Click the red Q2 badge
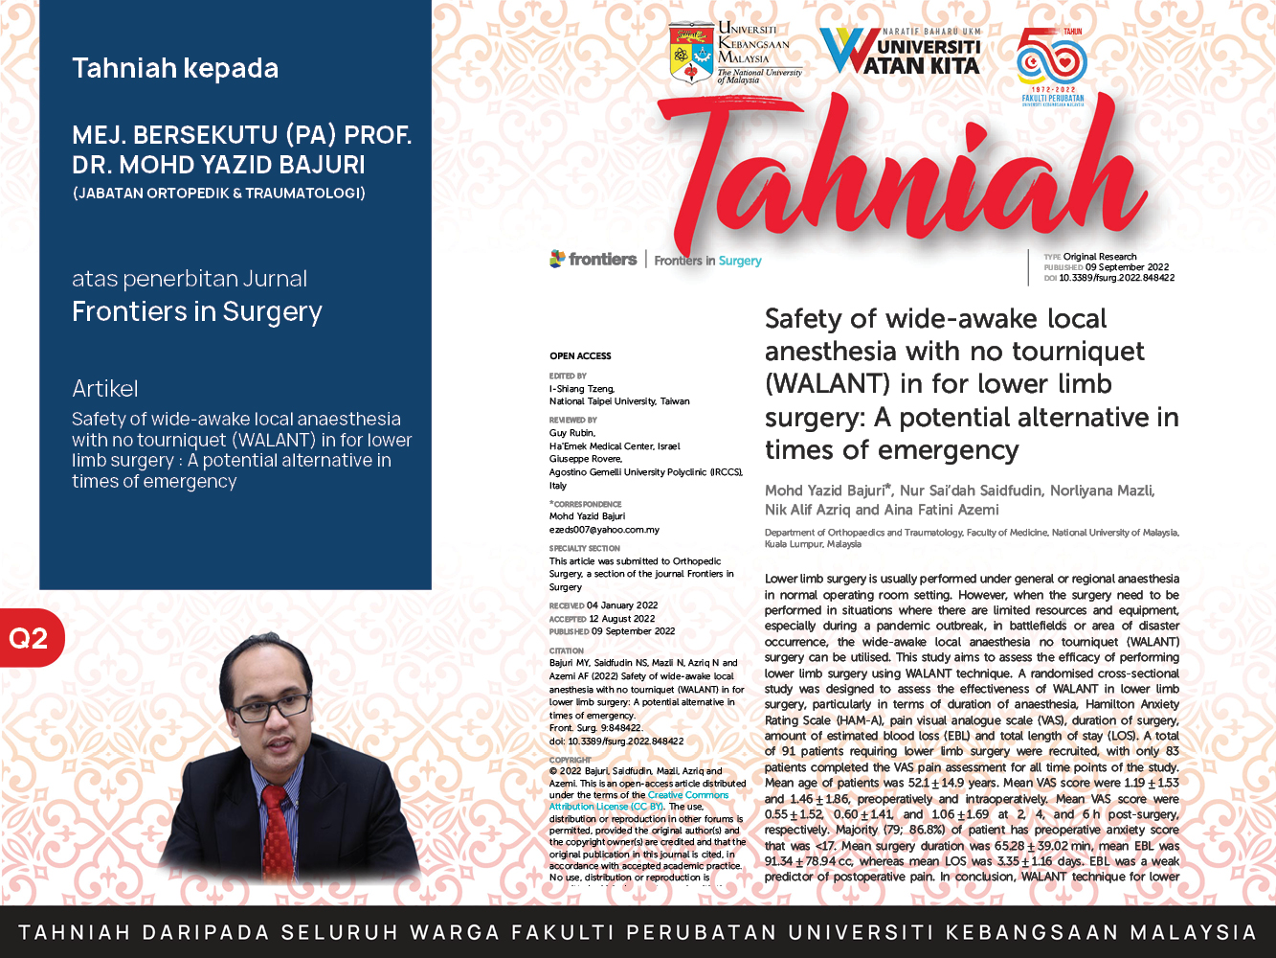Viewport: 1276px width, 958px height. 30,638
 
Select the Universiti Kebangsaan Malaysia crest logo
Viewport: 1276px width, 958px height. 690,53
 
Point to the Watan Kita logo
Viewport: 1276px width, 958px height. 901,52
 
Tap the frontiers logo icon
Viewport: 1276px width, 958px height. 557,259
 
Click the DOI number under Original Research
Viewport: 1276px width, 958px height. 1116,278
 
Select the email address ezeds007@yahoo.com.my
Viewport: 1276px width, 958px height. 604,530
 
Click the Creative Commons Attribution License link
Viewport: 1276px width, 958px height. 638,801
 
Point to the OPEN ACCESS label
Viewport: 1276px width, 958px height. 580,355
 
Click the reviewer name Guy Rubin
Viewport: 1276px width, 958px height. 572,433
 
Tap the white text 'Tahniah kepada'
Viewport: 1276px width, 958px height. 175,68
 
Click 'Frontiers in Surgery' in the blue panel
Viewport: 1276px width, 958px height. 197,311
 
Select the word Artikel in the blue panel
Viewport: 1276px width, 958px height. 105,388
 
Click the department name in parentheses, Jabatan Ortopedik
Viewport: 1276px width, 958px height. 218,193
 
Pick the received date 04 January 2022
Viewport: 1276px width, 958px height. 622,605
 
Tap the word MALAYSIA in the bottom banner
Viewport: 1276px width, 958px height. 1193,932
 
